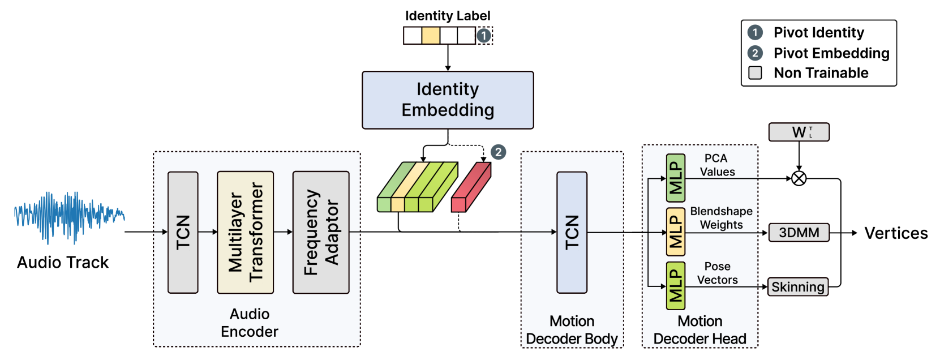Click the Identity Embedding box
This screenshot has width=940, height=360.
448,100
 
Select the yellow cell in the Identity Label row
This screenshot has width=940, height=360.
431,36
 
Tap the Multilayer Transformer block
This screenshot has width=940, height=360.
245,232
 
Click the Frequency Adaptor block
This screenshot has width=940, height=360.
321,232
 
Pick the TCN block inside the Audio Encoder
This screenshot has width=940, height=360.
183,232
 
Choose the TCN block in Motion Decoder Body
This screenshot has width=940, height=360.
572,232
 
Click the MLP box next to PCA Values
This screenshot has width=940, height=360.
676,178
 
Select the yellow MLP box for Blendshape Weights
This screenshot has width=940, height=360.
676,232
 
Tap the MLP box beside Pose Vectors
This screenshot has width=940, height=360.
676,286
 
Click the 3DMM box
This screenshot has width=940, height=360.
799,233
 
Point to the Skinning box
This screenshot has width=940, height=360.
798,287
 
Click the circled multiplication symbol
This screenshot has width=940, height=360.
799,179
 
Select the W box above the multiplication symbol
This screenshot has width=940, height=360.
799,132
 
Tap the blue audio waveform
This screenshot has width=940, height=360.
69,217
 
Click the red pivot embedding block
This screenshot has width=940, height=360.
470,187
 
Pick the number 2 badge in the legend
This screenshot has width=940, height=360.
755,53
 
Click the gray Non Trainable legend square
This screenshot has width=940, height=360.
755,73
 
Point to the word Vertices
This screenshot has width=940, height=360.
896,233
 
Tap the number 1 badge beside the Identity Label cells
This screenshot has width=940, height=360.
483,36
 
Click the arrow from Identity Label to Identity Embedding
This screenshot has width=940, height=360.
448,57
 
